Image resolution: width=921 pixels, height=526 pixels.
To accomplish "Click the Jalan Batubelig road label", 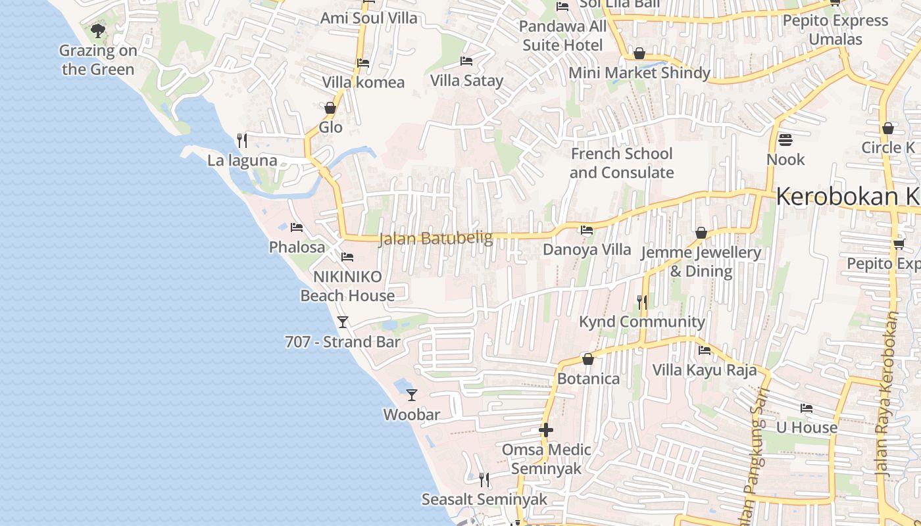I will coord(436,238).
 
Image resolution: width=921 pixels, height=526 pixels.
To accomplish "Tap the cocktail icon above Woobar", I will coord(412,395).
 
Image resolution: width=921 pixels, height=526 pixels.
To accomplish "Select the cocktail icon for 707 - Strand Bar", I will coord(342,322).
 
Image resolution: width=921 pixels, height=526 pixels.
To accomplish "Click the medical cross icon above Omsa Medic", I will coord(546,431).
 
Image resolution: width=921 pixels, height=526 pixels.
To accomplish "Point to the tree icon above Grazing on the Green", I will coord(98,30).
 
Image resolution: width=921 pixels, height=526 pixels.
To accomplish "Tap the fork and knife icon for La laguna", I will coord(242,140).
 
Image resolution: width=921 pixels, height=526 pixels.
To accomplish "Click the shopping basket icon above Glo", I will coord(330,108).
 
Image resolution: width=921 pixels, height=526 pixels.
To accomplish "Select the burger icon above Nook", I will coord(785,140).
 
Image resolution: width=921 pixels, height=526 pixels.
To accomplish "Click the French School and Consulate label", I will coord(622,163).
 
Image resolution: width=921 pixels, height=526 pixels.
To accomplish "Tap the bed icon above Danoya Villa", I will coord(586,230).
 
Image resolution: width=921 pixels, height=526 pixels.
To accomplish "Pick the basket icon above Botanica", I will coord(588,360).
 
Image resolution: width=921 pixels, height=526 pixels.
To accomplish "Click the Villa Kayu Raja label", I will coord(705,370).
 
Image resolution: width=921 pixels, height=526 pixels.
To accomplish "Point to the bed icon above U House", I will coord(807,408).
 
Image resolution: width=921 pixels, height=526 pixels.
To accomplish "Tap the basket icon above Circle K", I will coord(888,128).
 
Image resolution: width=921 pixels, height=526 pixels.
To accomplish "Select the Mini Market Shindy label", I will coord(639,73).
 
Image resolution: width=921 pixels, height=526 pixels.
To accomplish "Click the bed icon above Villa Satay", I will coord(466,61).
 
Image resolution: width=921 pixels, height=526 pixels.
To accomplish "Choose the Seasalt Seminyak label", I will coord(484,499).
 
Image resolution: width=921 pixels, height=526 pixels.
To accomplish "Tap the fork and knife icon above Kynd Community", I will coord(642,302).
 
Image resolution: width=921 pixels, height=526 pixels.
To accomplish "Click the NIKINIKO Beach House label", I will coord(347,286).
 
